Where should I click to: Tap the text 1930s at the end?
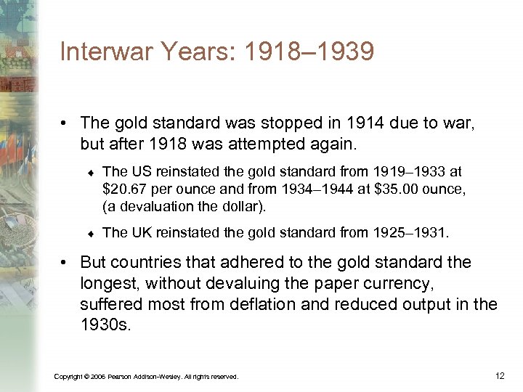pos(106,324)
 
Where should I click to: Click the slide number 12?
pos(499,375)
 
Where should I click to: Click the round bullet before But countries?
pos(68,262)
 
